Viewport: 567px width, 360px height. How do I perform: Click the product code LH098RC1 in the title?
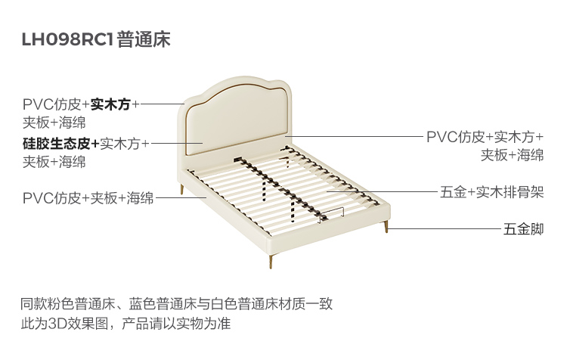[x=69, y=40]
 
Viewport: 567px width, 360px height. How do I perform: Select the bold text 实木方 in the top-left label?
[x=110, y=105]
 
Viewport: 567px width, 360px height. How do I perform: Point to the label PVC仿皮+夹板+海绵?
[x=88, y=199]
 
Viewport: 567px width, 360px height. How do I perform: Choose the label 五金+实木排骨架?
[x=491, y=193]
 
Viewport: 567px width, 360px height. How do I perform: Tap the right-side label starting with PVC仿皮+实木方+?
[x=485, y=138]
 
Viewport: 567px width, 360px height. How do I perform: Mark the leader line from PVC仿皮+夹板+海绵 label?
[x=181, y=199]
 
